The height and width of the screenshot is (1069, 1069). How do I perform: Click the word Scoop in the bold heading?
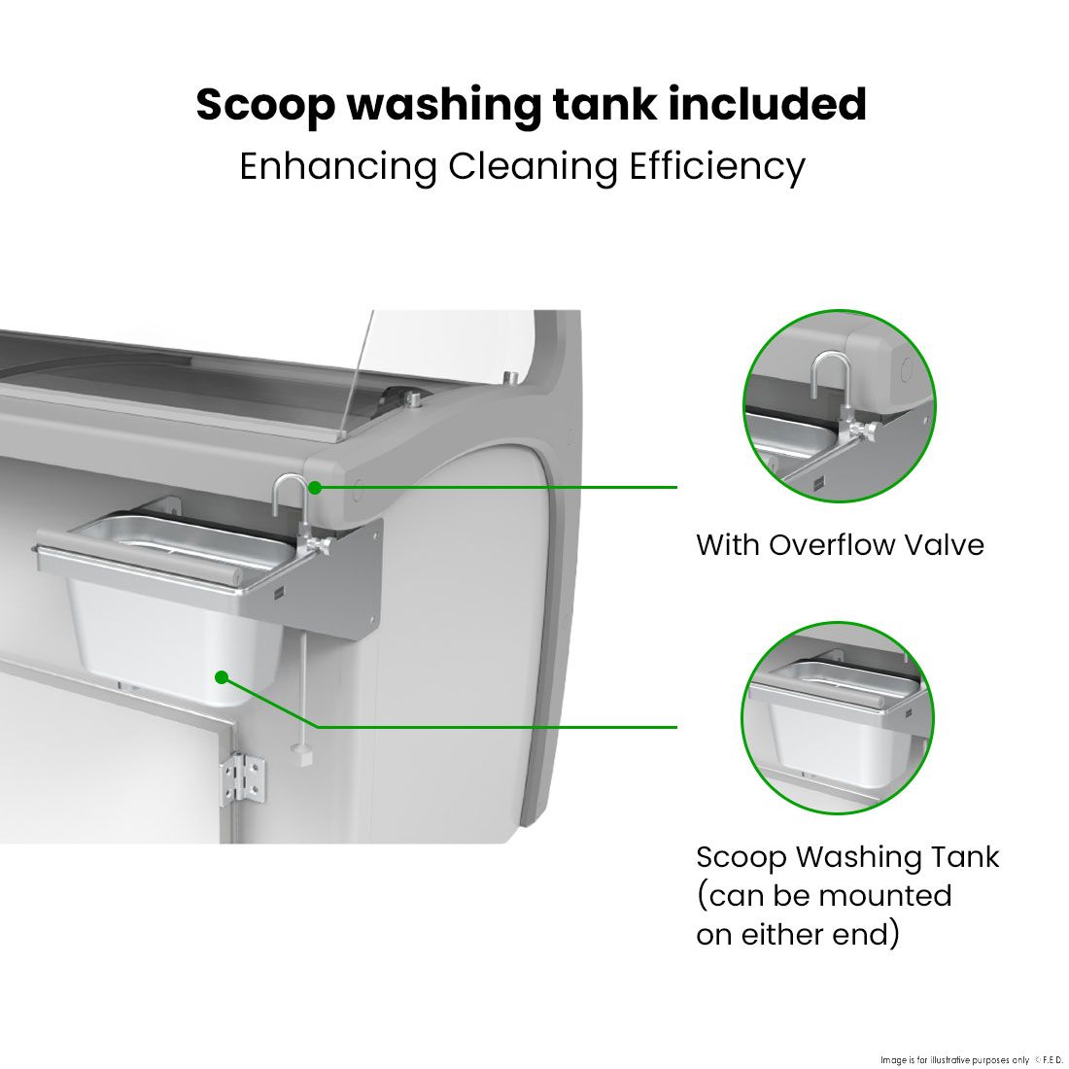coord(266,106)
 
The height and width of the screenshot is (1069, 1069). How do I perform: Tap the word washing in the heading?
coord(443,106)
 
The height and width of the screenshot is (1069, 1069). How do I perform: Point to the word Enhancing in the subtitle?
coord(338,167)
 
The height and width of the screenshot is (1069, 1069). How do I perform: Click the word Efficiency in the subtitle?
coord(716,167)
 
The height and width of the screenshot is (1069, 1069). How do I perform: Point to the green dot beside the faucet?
coord(314,488)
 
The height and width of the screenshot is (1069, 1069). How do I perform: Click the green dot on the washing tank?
coord(222,677)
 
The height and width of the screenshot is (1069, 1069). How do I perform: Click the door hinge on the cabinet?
coord(243,776)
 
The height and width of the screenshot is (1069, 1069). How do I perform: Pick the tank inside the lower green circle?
coord(837,723)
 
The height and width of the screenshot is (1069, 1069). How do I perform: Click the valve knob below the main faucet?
coord(321,544)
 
